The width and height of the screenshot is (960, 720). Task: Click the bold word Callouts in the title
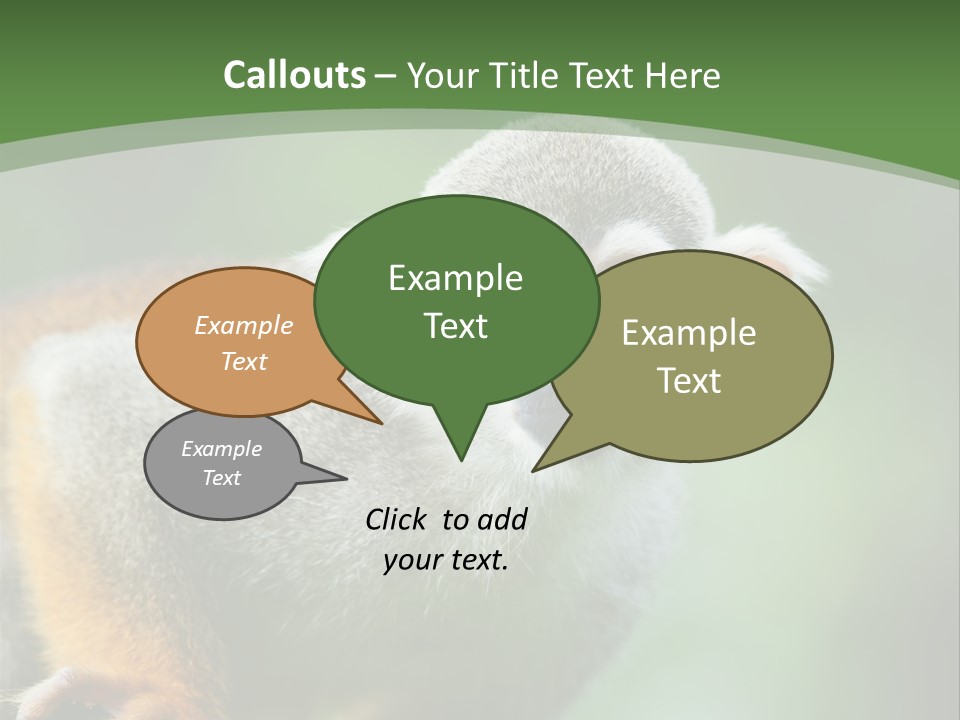click(x=294, y=75)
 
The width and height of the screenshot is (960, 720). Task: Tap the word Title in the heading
click(x=525, y=75)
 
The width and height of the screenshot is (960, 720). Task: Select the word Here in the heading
click(x=685, y=75)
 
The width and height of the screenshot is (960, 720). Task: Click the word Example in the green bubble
click(x=455, y=278)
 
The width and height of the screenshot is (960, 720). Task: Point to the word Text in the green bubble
click(x=455, y=326)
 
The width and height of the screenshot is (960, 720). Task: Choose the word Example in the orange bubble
click(x=244, y=325)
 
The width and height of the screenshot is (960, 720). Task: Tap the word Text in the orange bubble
click(x=244, y=361)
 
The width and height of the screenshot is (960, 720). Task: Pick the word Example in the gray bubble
click(x=221, y=449)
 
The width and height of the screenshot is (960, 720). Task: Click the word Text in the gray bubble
click(x=221, y=478)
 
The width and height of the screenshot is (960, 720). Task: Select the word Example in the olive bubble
click(x=688, y=333)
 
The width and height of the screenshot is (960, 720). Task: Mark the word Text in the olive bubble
click(x=688, y=381)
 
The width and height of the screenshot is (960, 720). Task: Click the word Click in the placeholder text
click(x=398, y=519)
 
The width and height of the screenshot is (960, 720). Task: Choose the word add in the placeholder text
click(x=501, y=519)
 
